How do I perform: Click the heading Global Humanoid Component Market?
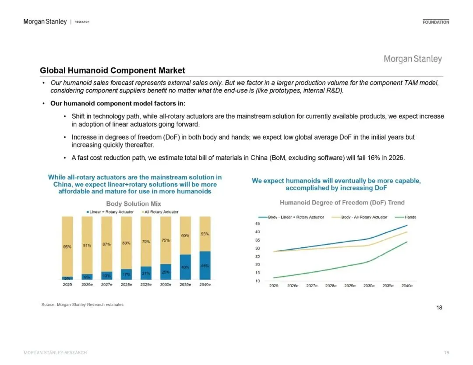112,70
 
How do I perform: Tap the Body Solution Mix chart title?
134,204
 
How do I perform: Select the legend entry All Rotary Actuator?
161,212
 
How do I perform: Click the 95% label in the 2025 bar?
67,247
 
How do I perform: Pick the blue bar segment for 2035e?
185,267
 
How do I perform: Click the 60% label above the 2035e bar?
185,236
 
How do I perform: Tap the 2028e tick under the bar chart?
127,285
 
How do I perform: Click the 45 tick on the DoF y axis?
258,224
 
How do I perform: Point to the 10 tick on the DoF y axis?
258,281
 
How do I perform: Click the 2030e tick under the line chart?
369,286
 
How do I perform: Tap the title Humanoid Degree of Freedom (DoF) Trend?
342,202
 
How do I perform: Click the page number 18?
439,308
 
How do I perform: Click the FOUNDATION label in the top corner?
436,22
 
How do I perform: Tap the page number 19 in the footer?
446,352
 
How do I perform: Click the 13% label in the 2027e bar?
106,276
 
